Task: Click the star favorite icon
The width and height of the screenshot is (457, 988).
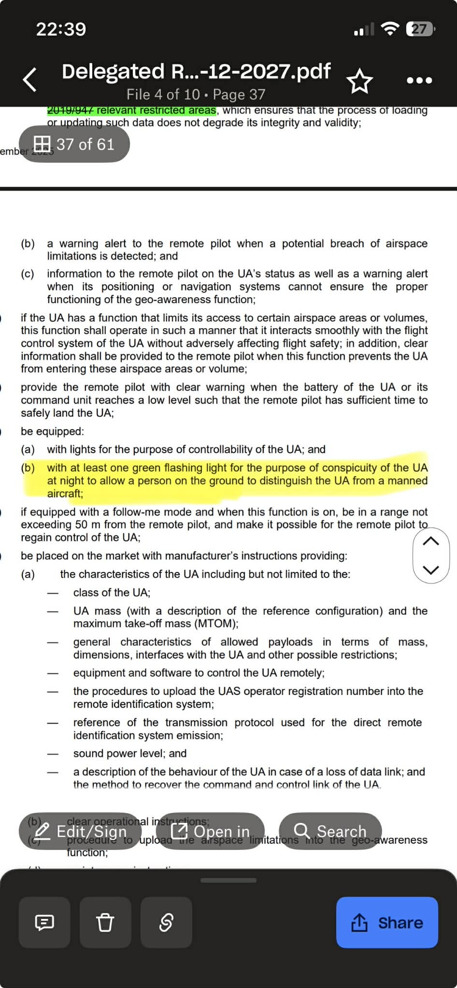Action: (x=360, y=81)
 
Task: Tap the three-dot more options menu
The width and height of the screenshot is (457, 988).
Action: (x=419, y=81)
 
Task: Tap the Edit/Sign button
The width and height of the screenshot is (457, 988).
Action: (x=80, y=831)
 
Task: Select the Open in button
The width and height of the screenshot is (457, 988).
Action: (x=210, y=831)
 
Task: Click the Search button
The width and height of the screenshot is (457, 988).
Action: (x=330, y=831)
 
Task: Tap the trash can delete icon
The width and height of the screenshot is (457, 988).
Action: (x=105, y=922)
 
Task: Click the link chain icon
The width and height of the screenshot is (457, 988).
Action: (x=166, y=922)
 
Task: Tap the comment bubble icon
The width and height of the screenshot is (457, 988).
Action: (x=44, y=922)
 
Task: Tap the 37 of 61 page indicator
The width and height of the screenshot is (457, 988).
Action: (x=74, y=144)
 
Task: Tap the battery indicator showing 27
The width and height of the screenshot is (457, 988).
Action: (x=420, y=29)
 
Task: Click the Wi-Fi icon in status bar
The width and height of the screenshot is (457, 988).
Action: (x=390, y=29)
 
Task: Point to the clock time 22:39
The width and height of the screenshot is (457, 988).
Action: (x=61, y=29)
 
